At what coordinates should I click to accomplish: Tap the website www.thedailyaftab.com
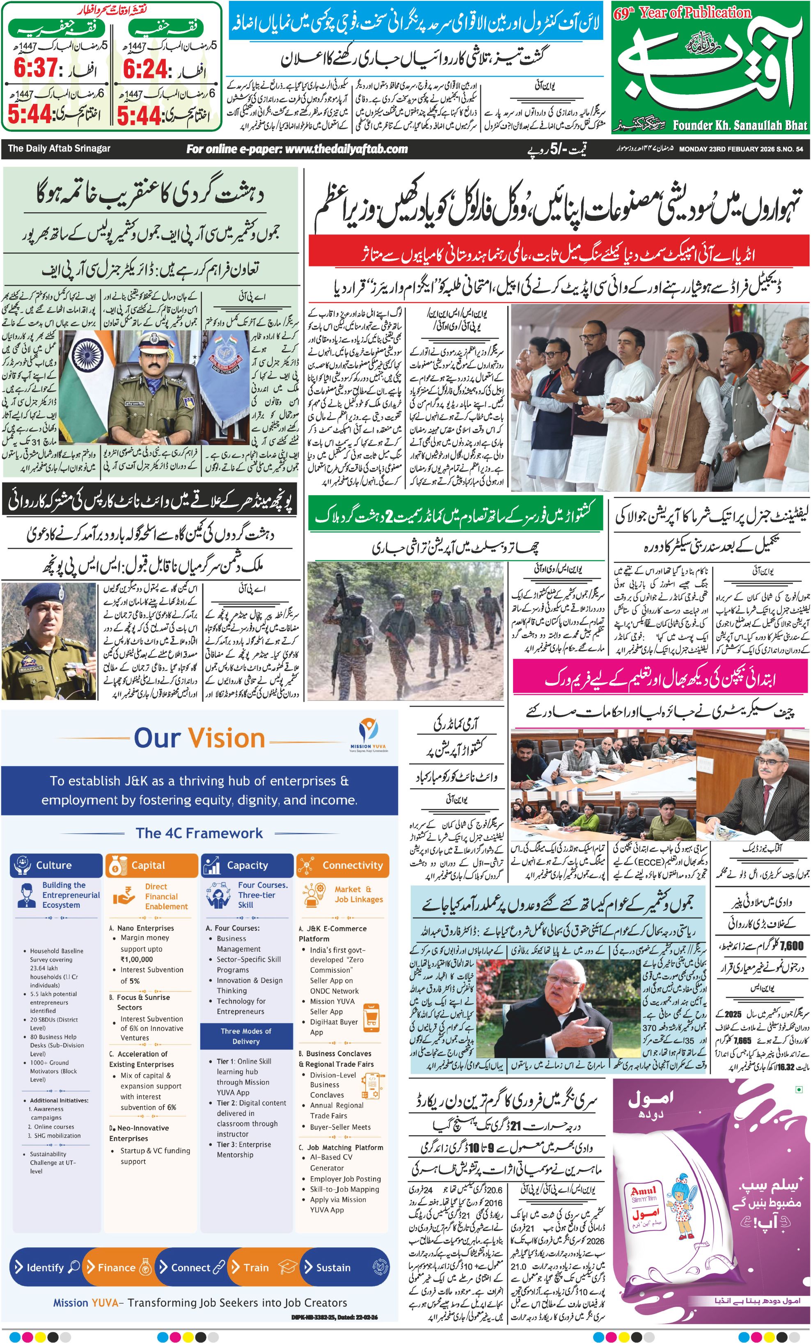coord(297,149)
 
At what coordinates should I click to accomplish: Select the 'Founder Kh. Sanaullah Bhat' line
coord(740,125)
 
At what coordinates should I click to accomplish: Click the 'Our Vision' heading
coord(199,738)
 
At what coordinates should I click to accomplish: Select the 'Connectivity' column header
coord(343,865)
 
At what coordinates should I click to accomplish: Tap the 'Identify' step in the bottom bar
coord(46,1267)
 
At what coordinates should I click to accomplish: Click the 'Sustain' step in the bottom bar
coord(334,1267)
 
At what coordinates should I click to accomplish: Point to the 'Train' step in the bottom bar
coord(256,1267)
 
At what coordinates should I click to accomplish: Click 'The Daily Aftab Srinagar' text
coord(59,148)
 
